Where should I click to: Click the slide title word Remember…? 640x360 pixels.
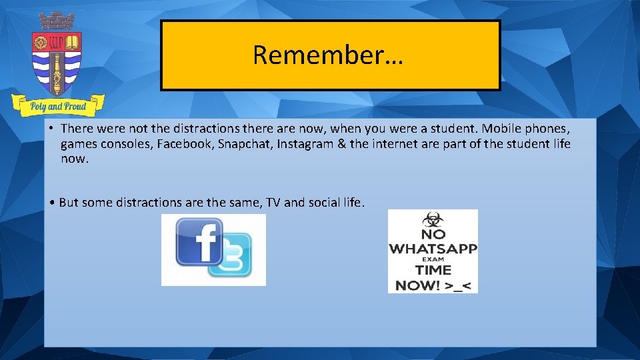click(328, 55)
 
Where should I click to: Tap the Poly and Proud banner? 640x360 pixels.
click(58, 105)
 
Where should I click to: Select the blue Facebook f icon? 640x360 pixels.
click(199, 241)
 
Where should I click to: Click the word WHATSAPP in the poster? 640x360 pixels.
click(433, 248)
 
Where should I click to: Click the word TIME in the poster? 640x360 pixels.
click(433, 270)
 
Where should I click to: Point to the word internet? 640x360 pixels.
click(398, 144)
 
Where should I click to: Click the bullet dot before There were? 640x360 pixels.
click(51, 128)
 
